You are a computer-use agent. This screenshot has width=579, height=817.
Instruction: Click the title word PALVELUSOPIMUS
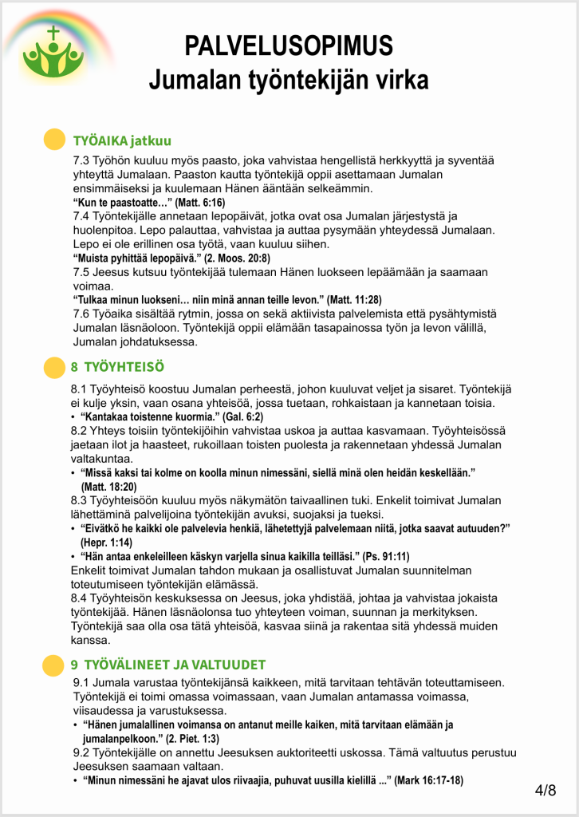[289, 45]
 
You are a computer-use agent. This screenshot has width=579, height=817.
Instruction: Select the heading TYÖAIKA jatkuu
[122, 141]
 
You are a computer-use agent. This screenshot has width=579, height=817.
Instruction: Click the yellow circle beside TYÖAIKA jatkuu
[52, 140]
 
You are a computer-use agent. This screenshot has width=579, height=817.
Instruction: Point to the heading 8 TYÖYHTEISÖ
[117, 368]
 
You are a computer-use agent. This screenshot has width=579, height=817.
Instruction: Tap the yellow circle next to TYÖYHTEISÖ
[52, 367]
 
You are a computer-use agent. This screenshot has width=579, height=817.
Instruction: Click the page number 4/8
[546, 790]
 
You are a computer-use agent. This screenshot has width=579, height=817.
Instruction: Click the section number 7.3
[83, 160]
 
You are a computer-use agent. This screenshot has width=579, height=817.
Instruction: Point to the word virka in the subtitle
[402, 80]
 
